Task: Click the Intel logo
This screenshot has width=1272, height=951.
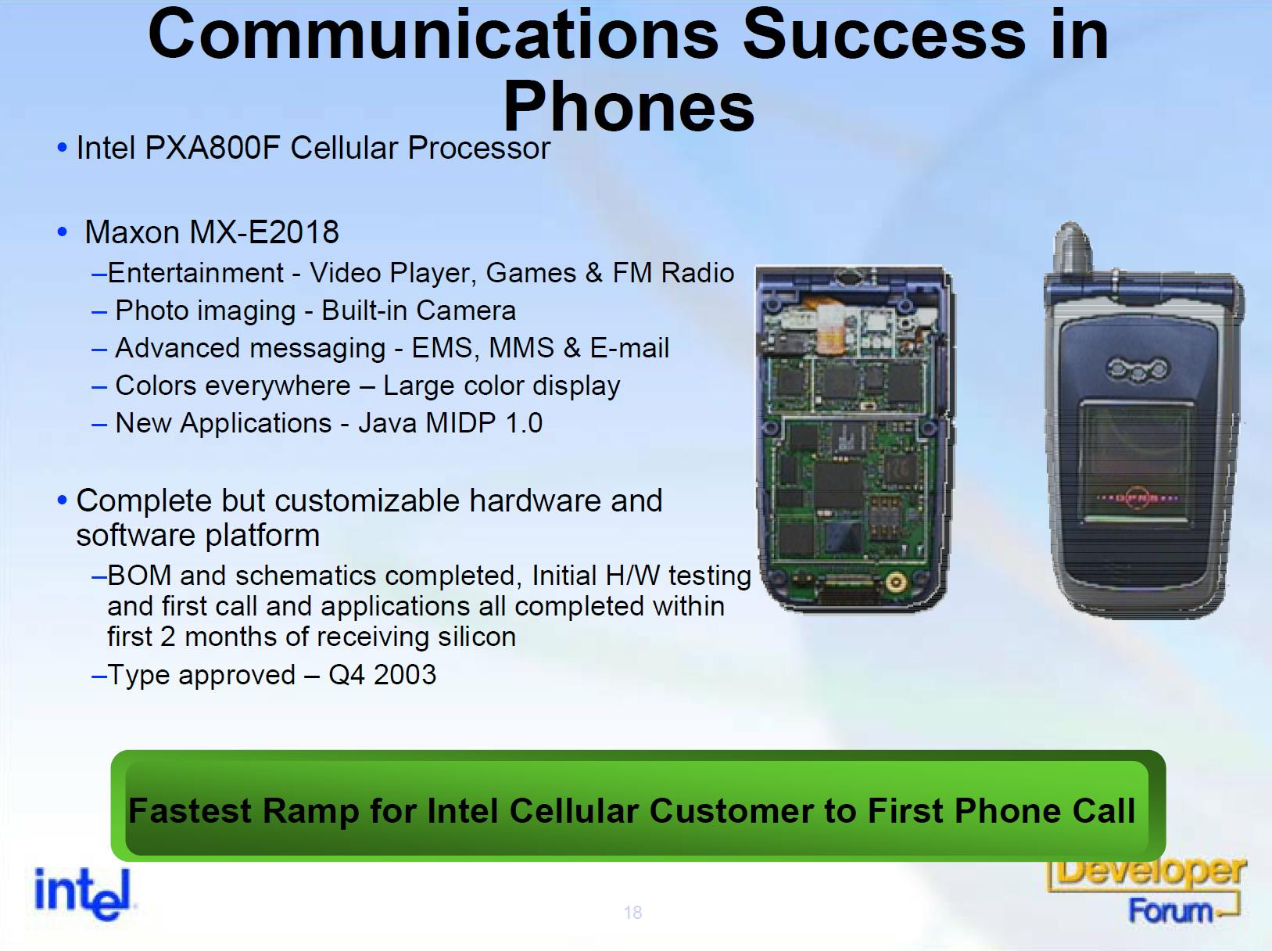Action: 84,893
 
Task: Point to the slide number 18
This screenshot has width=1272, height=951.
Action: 632,913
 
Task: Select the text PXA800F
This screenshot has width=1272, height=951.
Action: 213,148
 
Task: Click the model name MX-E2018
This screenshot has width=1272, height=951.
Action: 263,232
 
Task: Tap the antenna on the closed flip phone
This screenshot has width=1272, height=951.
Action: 1073,247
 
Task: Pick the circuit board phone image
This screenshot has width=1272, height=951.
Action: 855,438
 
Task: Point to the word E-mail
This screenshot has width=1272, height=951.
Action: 629,348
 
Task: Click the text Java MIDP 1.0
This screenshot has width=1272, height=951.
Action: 450,423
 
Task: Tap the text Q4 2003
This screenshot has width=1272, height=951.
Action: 382,675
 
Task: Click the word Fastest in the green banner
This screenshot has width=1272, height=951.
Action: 189,810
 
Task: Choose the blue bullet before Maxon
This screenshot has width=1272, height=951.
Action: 63,232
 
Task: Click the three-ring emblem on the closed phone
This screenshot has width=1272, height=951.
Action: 1138,369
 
